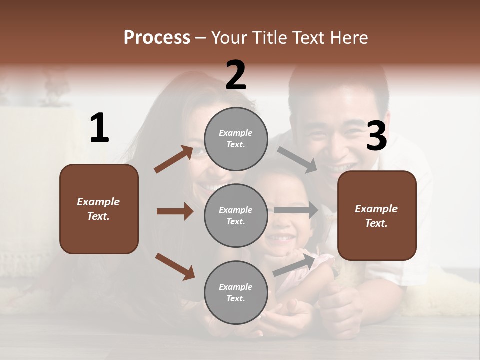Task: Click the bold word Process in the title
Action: click(157, 38)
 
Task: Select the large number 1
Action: click(99, 128)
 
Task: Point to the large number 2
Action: click(236, 75)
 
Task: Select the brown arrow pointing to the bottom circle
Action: click(175, 266)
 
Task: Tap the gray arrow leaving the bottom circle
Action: click(295, 264)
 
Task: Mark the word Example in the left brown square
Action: click(98, 202)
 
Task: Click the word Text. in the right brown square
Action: click(376, 223)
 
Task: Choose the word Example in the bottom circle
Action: click(236, 287)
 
